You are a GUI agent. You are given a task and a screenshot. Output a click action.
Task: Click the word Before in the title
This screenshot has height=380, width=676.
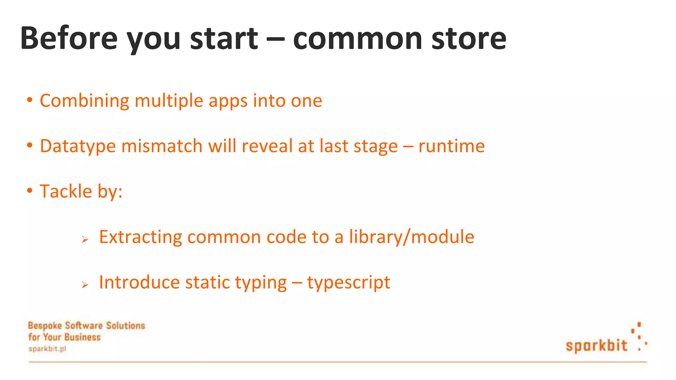pos(69,38)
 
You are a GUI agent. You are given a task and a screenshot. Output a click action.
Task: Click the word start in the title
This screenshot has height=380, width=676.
pos(224,38)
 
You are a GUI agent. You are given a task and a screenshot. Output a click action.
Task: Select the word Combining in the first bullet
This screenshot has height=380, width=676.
pos(84,101)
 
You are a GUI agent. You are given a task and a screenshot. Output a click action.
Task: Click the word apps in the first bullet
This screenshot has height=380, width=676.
pos(228,101)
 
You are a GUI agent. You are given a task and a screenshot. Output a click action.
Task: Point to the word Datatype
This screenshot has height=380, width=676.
pos(78,146)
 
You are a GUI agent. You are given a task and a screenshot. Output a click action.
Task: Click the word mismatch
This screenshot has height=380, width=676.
pos(162,146)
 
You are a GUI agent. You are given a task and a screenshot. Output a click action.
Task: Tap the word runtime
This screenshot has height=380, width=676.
pos(452,146)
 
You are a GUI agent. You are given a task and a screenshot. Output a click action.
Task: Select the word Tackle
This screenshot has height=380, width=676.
pos(66,191)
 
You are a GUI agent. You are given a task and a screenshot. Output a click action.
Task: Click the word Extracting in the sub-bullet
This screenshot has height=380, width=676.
pos(141,237)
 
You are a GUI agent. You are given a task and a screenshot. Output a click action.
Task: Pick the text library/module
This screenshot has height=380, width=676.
pos(412,237)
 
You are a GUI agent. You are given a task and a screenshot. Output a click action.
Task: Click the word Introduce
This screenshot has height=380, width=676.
pos(139,282)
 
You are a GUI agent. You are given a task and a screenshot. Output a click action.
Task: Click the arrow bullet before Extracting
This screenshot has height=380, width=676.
pos(85,239)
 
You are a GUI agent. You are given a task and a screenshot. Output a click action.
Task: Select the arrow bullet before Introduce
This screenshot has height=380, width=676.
pos(85,284)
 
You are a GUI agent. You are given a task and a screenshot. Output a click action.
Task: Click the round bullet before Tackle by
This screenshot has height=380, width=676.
pos(30,190)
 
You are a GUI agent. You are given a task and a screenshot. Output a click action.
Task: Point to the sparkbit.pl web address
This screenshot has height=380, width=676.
pos(47,349)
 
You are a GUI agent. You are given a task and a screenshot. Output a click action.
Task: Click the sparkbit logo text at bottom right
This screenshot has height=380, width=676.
pos(596,345)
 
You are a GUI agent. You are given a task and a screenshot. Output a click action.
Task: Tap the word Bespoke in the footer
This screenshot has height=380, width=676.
pos(45,326)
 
